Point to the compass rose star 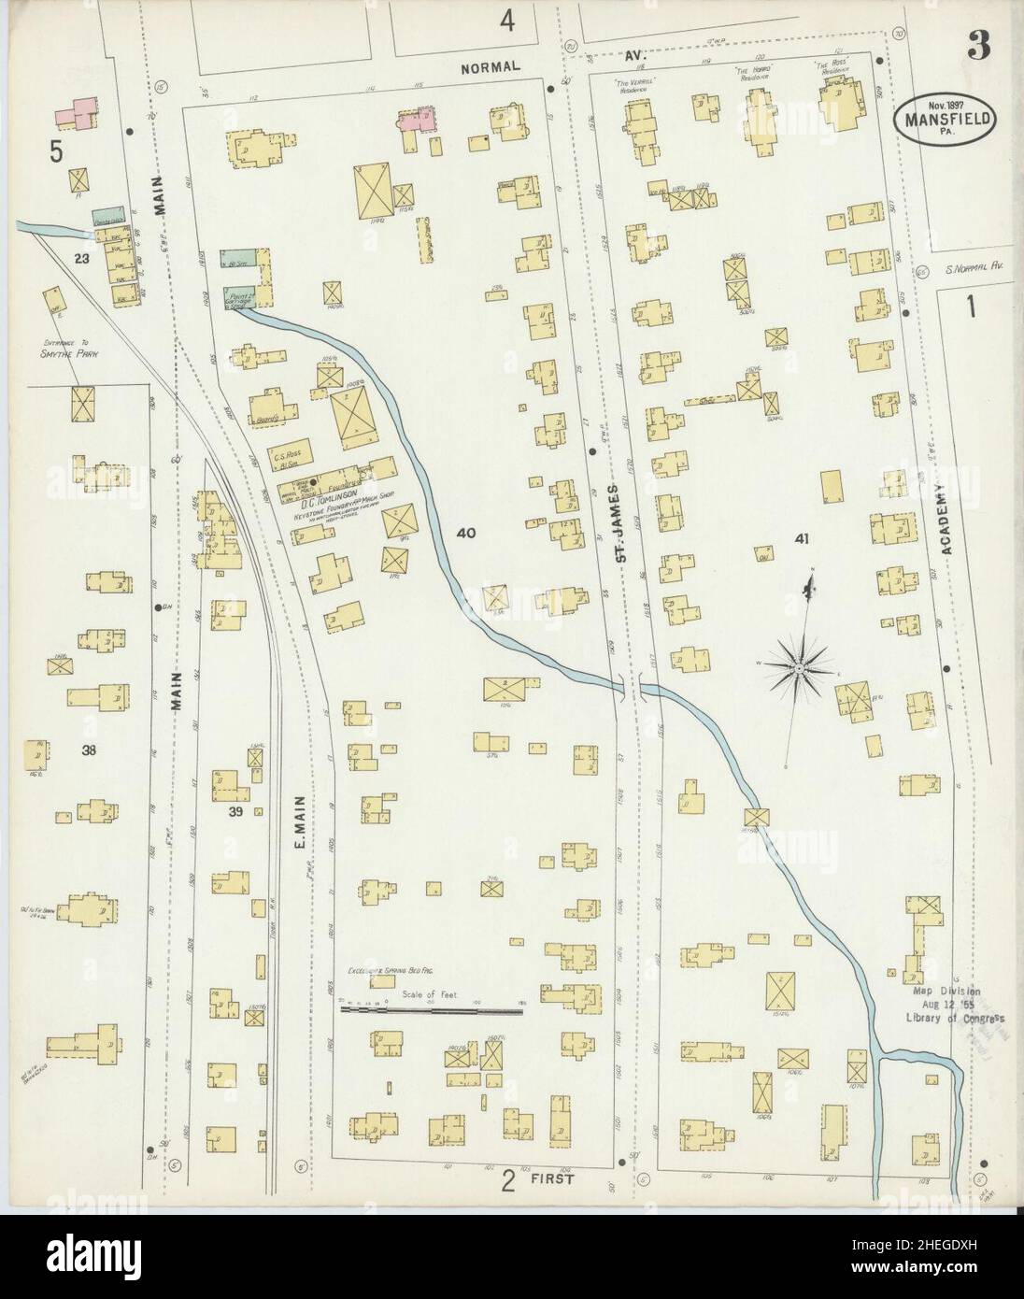(x=799, y=669)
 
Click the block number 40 (x=465, y=534)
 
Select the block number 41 (x=801, y=537)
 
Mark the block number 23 (x=82, y=259)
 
